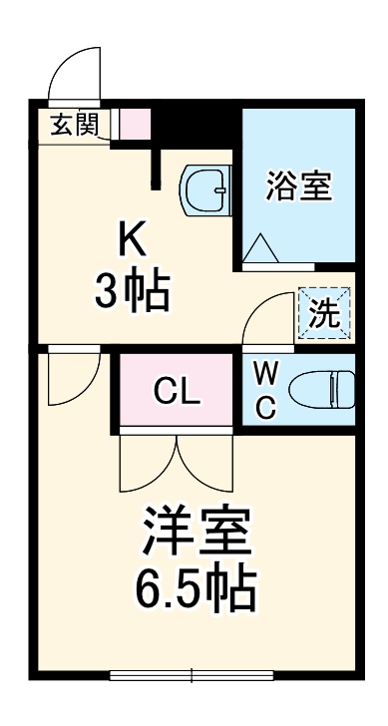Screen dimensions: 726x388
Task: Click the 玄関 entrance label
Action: (x=74, y=125)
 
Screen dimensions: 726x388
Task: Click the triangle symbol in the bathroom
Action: (x=262, y=246)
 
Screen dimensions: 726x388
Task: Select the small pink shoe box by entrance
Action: (x=134, y=124)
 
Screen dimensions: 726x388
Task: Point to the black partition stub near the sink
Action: (x=157, y=165)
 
